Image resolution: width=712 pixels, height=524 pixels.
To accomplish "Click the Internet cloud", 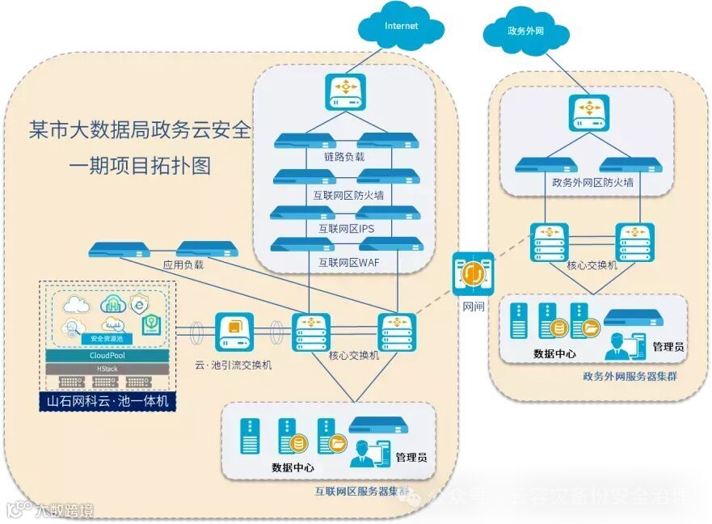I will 402,27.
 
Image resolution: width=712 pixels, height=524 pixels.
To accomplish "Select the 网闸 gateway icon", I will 473,276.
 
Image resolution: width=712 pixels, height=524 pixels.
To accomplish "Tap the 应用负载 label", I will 183,264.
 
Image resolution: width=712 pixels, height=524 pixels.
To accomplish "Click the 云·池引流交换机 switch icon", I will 234,331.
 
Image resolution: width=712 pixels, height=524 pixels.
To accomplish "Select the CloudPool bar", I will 107,355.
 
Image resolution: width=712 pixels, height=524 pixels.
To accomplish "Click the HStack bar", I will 107,368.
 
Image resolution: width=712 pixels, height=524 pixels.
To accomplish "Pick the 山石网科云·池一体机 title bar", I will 107,400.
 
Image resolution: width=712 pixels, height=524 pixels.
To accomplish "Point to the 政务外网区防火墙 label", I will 592,183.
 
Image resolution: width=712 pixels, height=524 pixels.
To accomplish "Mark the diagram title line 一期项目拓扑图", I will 139,167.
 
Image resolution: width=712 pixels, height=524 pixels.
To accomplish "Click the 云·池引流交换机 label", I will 234,365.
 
